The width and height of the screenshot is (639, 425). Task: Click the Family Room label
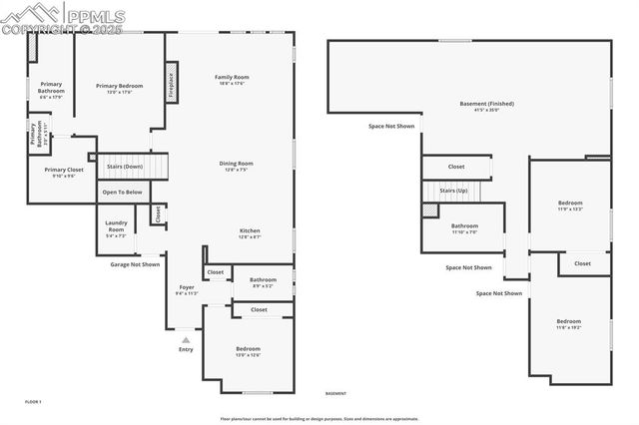coord(232,77)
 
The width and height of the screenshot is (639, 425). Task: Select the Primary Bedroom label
coord(120,86)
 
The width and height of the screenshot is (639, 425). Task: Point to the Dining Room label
coord(237,164)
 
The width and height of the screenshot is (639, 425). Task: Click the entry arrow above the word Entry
coord(185,339)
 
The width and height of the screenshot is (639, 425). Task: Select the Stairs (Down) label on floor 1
coord(126,166)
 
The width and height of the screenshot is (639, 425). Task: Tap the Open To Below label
coord(122,192)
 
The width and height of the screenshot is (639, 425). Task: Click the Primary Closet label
coord(64,170)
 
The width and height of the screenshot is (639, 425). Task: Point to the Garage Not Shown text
coord(134,264)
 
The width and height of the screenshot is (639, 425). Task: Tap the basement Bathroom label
coord(464,225)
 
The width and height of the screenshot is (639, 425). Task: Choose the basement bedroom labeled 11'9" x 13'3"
coord(570,204)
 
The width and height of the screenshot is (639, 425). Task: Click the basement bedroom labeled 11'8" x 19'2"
coord(569,321)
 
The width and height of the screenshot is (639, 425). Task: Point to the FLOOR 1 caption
coord(33,401)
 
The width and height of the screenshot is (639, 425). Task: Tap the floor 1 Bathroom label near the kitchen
coord(263,280)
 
